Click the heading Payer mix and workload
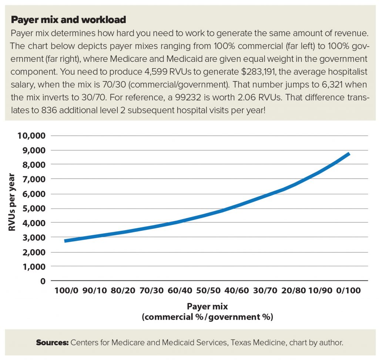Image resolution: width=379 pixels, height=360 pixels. point(68,19)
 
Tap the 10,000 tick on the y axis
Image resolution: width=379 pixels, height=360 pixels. point(31,136)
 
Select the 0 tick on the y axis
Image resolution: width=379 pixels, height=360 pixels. point(43,281)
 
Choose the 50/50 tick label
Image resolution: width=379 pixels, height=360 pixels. point(208,291)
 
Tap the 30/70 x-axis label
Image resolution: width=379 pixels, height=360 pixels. point(265,291)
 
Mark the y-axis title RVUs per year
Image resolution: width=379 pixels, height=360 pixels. point(13,202)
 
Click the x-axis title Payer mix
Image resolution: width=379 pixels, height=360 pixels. point(207,307)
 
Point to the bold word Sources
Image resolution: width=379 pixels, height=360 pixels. point(52,343)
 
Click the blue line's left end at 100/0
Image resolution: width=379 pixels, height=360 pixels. point(65,241)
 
